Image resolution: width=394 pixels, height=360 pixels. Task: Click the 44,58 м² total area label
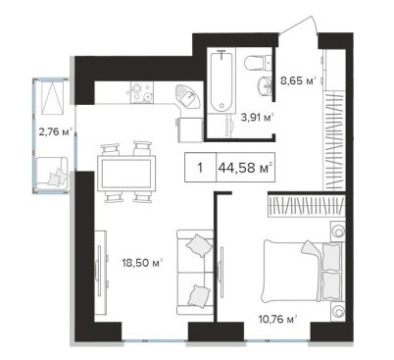[245, 168]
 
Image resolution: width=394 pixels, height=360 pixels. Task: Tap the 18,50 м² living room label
[142, 262]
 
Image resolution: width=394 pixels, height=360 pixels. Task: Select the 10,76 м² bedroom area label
[277, 319]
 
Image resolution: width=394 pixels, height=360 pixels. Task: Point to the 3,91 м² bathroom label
[257, 117]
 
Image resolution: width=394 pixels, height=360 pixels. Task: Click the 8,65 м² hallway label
[299, 80]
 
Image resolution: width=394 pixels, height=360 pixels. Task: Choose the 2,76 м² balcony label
[55, 131]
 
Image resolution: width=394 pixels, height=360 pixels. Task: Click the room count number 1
[200, 168]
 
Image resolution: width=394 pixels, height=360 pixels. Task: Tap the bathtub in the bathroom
[222, 82]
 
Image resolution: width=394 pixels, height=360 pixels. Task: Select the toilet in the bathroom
[258, 63]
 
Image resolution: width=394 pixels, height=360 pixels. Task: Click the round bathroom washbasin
[265, 85]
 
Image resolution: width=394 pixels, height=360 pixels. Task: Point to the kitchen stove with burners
[142, 92]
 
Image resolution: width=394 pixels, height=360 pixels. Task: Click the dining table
[126, 174]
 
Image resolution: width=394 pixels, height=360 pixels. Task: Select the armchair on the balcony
[51, 174]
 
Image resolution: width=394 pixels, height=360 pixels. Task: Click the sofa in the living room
[195, 272]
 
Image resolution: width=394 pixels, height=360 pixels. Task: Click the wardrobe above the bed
[307, 206]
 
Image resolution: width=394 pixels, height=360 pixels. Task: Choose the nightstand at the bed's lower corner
[337, 312]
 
